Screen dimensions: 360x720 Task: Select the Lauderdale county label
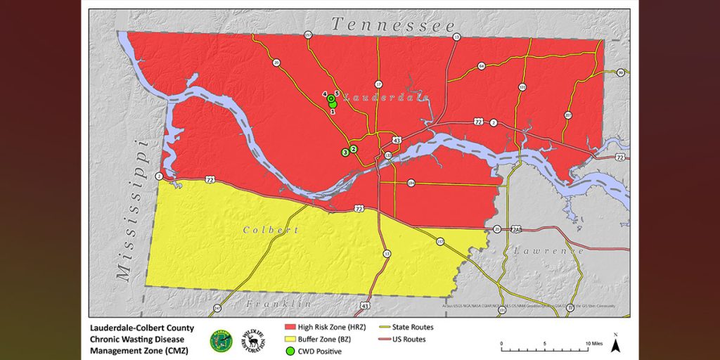point(390,97)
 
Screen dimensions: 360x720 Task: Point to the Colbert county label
point(271,230)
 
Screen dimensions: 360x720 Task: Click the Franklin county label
point(278,304)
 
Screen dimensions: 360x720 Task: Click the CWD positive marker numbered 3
point(345,152)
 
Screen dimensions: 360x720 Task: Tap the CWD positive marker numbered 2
point(354,149)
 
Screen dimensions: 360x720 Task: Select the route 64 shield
point(482,66)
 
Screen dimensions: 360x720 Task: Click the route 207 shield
point(568,115)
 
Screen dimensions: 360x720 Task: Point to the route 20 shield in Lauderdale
point(276,63)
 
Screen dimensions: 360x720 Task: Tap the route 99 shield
point(621,72)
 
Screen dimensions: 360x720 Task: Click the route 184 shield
point(411,184)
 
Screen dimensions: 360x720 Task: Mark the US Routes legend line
point(384,339)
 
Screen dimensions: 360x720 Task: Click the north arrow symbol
point(615,344)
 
